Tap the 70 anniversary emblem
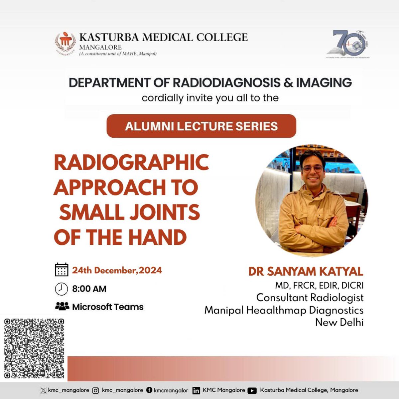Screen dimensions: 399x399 348,44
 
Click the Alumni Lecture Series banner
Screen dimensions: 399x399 201,126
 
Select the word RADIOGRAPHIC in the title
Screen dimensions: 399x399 131,162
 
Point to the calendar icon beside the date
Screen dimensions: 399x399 62,270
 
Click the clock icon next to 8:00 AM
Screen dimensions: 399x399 62,289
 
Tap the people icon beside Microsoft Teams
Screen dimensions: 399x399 62,306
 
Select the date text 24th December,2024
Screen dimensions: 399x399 117,270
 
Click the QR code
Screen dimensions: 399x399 34,348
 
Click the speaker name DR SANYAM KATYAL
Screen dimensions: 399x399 306,271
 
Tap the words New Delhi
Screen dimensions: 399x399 339,322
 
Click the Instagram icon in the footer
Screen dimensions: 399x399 95,390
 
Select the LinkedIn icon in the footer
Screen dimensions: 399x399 197,391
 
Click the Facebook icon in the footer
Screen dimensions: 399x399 150,390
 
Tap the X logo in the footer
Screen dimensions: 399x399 43,390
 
